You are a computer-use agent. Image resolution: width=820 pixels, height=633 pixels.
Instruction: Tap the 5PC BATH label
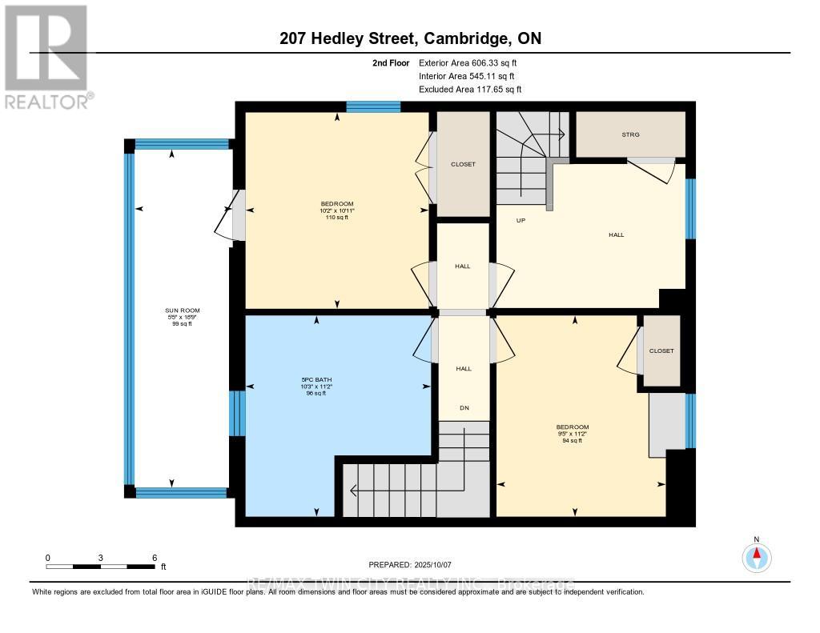pos(336,379)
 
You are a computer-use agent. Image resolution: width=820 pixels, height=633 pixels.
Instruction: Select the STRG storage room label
pos(631,134)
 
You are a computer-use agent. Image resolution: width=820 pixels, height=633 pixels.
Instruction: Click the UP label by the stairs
pos(520,220)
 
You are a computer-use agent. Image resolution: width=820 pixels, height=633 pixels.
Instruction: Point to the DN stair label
pos(464,408)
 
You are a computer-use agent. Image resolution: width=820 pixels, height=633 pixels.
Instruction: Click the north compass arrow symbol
pos(757,555)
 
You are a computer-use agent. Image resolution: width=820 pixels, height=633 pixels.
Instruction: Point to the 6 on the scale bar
pos(154,557)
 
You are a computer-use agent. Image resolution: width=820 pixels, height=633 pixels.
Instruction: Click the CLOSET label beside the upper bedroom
pos(463,164)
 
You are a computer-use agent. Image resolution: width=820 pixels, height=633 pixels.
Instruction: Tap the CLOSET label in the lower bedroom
pos(661,351)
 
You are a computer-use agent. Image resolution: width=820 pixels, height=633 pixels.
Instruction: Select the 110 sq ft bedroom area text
pos(336,218)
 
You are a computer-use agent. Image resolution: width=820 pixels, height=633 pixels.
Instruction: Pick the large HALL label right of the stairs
pos(616,234)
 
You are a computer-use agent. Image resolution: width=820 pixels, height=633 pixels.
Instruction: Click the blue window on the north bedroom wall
pos(373,106)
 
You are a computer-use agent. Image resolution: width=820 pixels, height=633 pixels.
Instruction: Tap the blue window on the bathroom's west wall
pos(237,413)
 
